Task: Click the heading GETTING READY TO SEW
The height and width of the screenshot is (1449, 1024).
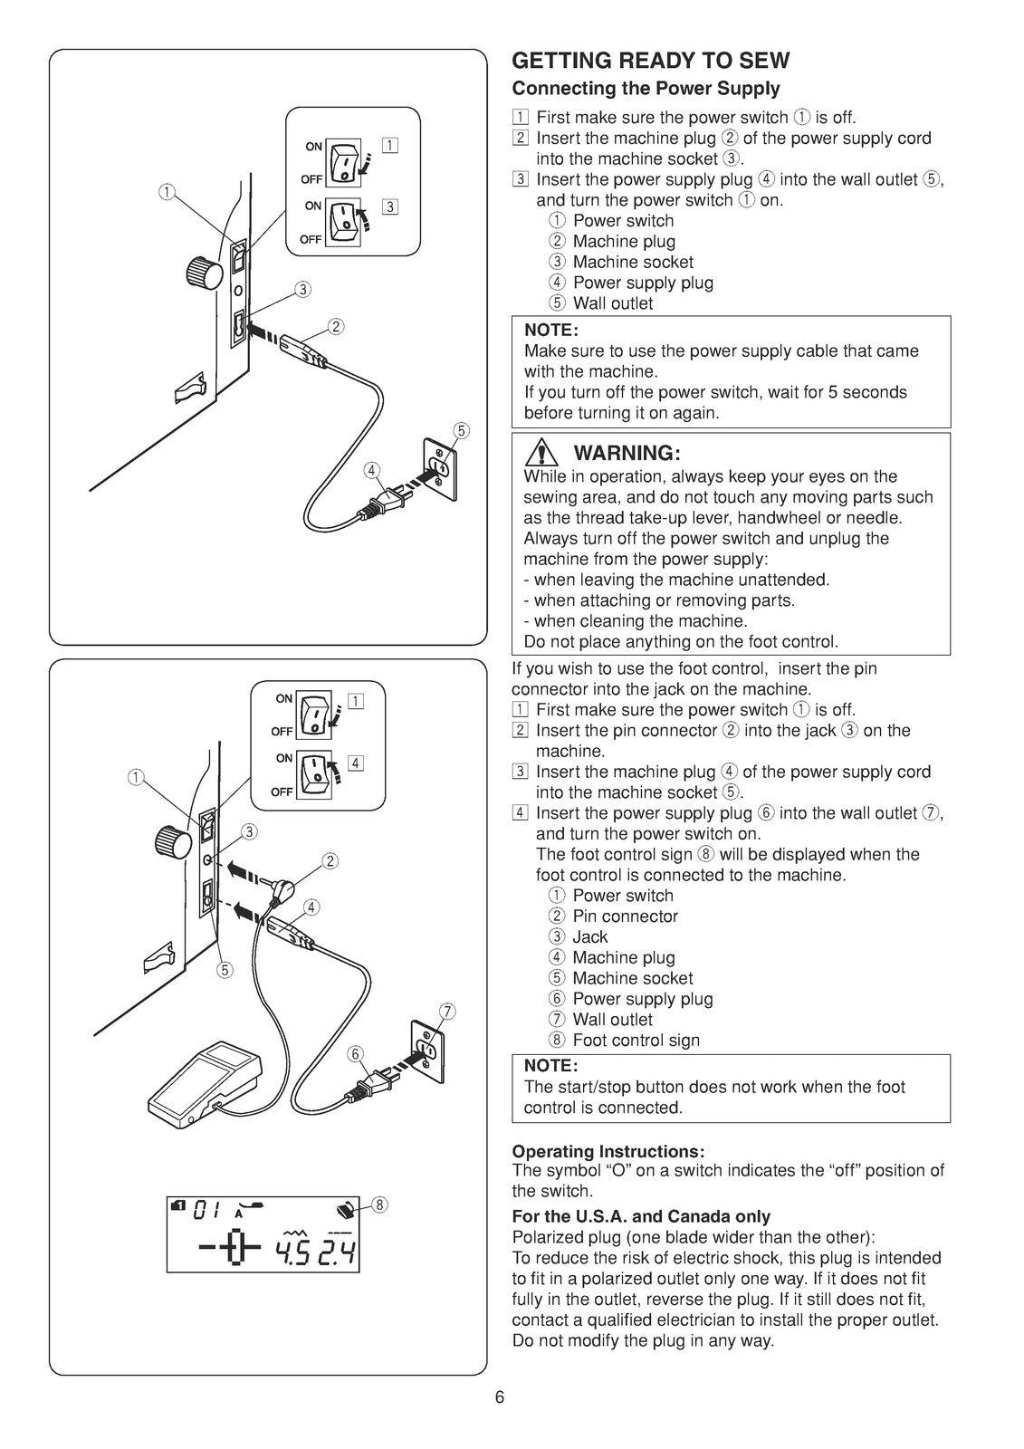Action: [650, 61]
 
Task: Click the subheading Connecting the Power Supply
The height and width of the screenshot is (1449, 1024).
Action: [646, 89]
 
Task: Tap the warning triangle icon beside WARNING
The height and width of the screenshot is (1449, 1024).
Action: [543, 453]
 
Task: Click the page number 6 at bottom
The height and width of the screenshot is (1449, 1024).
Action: [500, 1396]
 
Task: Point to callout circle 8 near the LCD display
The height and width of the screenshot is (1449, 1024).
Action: [380, 1204]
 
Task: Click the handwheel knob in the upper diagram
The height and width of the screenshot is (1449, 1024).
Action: [202, 270]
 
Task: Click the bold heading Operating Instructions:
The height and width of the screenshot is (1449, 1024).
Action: [608, 1151]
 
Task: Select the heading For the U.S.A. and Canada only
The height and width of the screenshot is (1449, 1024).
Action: [641, 1216]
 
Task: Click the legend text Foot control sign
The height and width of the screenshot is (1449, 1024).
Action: [636, 1041]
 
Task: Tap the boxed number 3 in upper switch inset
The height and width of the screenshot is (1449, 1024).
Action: [390, 206]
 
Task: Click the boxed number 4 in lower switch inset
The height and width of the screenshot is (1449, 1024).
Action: [356, 763]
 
